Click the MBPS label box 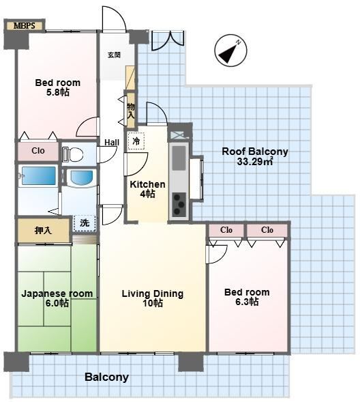(25, 26)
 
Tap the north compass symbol (230, 51)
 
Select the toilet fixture (73, 154)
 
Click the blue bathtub (39, 175)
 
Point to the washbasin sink (82, 177)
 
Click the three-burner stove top (179, 204)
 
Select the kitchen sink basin (179, 158)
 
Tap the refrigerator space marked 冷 (136, 141)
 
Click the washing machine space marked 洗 (85, 223)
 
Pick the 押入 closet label (43, 230)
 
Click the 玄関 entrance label (114, 55)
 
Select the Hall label (112, 142)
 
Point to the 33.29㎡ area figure (255, 162)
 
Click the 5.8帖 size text (58, 92)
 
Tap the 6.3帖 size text (247, 302)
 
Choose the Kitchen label (147, 184)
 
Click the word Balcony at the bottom (107, 377)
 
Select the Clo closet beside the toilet (38, 150)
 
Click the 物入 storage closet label (131, 111)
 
